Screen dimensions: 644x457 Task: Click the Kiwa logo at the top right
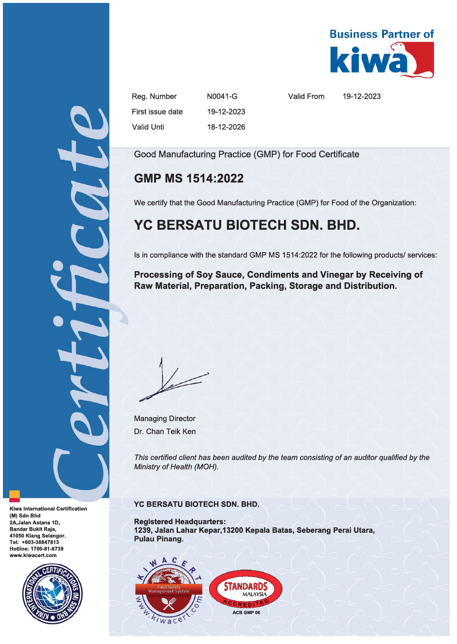click(x=382, y=60)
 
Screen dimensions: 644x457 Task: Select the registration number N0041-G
click(x=222, y=96)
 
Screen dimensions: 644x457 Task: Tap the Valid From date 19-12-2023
click(x=361, y=96)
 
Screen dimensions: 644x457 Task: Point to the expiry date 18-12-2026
click(x=226, y=127)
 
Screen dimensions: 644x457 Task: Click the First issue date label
click(x=157, y=112)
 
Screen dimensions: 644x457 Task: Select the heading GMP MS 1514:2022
click(x=189, y=178)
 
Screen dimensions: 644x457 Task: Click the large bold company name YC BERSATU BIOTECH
click(x=246, y=225)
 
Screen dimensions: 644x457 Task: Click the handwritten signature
click(x=173, y=382)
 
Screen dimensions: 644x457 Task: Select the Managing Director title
click(x=164, y=419)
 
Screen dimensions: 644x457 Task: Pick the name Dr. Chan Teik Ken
click(x=165, y=431)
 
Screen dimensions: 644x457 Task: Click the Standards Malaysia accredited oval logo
click(x=246, y=589)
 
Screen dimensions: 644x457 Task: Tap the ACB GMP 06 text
click(x=246, y=612)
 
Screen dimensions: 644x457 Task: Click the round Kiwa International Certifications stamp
click(x=53, y=593)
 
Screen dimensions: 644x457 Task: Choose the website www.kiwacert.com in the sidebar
click(x=33, y=555)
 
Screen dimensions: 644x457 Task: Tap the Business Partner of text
click(x=381, y=34)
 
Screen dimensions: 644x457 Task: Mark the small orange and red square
click(x=15, y=496)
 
